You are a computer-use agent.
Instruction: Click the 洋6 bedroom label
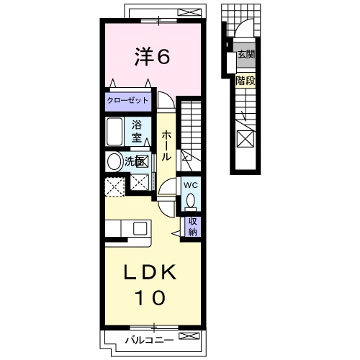152,56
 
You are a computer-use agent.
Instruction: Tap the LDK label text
150,272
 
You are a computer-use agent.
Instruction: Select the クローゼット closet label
127,100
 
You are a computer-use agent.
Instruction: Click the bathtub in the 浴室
114,132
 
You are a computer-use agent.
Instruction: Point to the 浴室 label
137,132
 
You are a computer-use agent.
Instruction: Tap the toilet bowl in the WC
191,200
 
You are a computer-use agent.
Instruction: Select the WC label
191,185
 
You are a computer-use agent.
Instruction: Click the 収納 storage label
192,227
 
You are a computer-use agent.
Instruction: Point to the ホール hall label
166,145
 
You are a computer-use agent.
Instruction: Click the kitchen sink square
140,228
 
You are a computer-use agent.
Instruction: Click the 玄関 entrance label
246,55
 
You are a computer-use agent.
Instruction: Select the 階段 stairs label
246,81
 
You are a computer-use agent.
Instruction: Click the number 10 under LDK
150,297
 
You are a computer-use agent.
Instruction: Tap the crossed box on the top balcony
190,12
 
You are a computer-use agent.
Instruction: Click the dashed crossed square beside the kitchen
115,186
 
